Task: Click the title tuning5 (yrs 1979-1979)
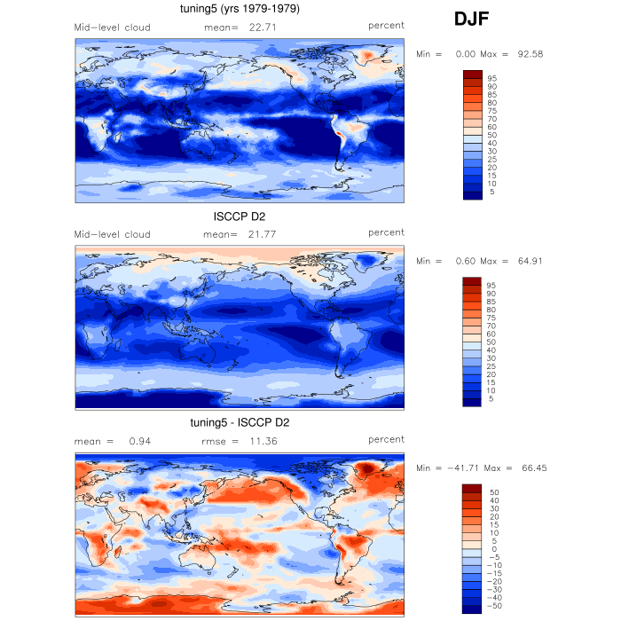click(x=239, y=10)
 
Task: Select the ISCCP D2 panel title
click(x=239, y=216)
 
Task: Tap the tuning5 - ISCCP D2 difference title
click(x=239, y=422)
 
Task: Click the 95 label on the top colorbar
click(x=491, y=78)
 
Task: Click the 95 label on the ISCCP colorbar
click(x=491, y=285)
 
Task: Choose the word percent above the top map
click(x=387, y=27)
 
